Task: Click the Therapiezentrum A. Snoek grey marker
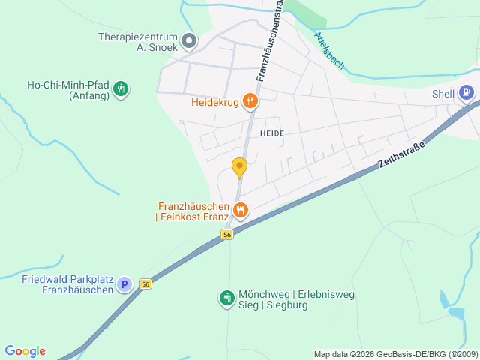(x=189, y=40)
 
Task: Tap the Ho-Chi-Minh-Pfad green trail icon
(x=120, y=90)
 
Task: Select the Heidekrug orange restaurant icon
(x=250, y=102)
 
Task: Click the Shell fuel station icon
(x=466, y=93)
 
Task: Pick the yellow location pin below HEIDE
(x=239, y=167)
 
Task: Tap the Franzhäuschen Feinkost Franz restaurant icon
(x=240, y=211)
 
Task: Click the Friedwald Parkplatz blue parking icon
(x=124, y=284)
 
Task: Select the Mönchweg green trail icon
(x=226, y=298)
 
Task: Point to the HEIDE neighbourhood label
(x=271, y=133)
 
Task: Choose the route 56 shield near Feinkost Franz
(x=227, y=235)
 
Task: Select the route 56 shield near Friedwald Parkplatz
(x=145, y=283)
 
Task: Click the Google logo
(x=25, y=351)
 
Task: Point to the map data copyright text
(x=394, y=354)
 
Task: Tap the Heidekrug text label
(x=214, y=102)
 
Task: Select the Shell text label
(x=443, y=94)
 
